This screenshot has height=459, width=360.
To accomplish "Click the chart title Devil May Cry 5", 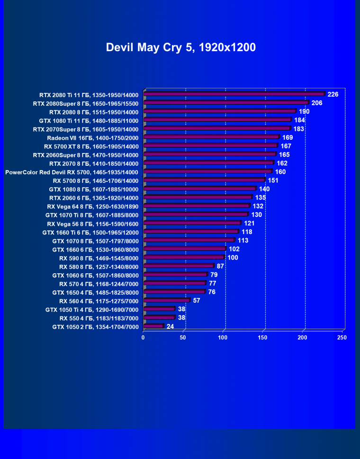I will [180, 47].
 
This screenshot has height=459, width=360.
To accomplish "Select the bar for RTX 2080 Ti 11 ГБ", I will [234, 94].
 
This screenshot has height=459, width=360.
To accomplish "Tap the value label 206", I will [317, 103].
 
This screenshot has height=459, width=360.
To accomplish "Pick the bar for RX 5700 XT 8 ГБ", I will [210, 146].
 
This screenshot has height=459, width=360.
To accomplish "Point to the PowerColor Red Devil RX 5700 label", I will [72, 172].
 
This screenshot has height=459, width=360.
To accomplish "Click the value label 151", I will [273, 180].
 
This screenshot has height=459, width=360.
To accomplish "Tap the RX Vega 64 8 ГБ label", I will [93, 206].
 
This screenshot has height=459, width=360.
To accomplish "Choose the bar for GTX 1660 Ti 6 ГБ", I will [190, 232].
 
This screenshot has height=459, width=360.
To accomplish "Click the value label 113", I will [243, 241].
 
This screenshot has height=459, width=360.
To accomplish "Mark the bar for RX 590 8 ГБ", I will [183, 258].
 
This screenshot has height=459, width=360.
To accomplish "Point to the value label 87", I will [220, 266].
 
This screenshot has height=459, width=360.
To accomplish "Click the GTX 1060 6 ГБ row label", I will [95, 275].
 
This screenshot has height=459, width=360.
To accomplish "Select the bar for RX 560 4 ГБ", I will [166, 301].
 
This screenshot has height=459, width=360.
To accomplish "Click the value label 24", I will [170, 326].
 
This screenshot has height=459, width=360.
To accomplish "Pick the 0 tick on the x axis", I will [143, 338].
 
